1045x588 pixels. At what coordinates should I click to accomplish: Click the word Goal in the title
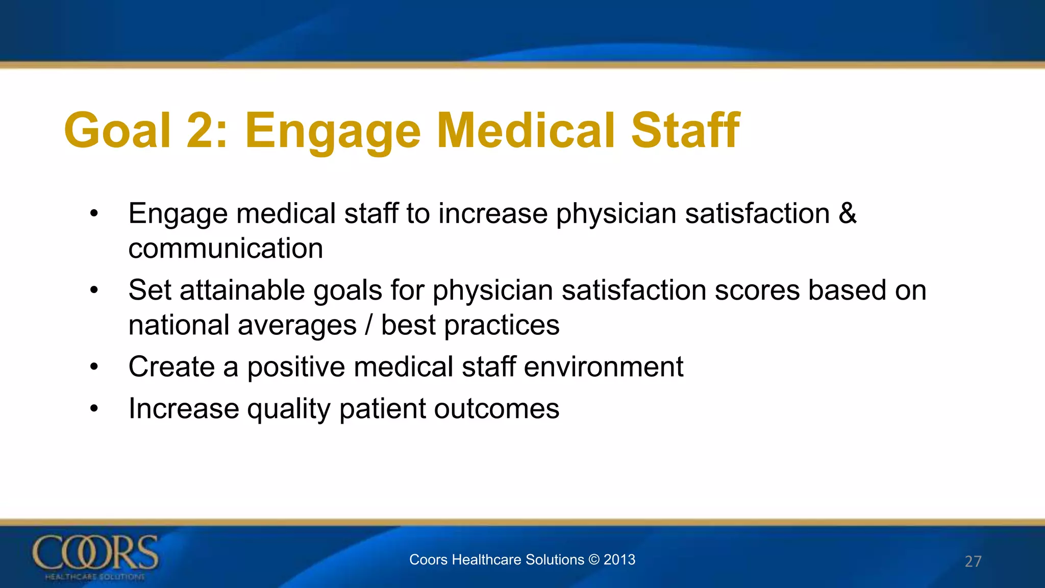click(117, 131)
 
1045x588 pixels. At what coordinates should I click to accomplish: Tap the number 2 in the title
click(200, 131)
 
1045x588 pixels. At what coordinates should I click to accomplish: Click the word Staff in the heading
click(685, 131)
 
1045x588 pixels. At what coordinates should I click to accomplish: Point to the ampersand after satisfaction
click(848, 213)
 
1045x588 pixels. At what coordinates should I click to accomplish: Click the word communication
click(226, 249)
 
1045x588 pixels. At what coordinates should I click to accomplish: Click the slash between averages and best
click(369, 325)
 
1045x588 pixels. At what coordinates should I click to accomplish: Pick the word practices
click(502, 325)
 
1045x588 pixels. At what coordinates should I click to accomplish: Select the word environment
click(603, 367)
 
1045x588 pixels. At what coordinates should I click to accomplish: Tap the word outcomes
click(496, 409)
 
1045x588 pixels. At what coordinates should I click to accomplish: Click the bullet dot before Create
click(94, 367)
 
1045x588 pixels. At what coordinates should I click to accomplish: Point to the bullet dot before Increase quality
click(94, 409)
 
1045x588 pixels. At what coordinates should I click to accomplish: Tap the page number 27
click(973, 561)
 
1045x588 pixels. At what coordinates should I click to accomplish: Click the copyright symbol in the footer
click(594, 559)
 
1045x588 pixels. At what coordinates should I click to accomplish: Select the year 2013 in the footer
click(619, 559)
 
